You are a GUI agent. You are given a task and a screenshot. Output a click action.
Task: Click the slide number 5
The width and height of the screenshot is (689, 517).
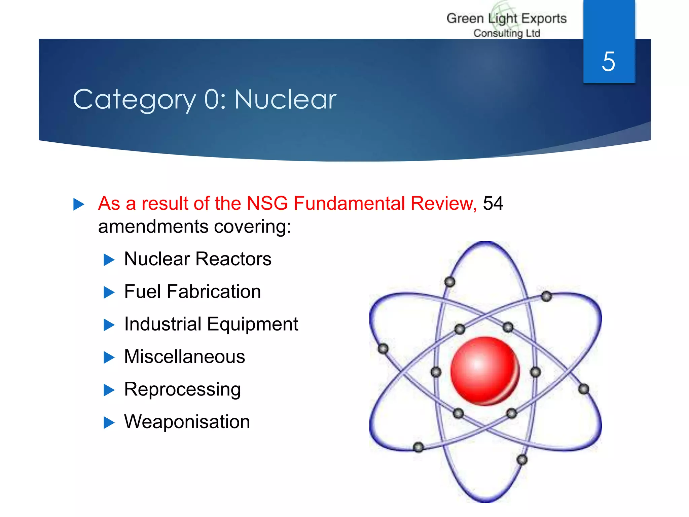[x=608, y=62]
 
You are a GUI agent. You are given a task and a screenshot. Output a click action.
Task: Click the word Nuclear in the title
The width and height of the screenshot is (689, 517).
[x=285, y=100]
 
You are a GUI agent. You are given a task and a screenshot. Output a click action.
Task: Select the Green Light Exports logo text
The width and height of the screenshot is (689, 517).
[x=506, y=19]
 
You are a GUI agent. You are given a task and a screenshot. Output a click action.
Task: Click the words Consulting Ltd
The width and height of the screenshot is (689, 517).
[x=507, y=33]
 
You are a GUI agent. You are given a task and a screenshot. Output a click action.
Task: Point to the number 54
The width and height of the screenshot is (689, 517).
[x=493, y=203]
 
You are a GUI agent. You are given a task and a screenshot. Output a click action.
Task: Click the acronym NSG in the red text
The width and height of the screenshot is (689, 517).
[x=267, y=203]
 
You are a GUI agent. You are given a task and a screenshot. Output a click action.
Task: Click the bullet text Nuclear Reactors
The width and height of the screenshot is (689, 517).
[x=197, y=259]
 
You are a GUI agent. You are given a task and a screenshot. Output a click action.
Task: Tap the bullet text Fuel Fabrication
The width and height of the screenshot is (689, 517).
[x=192, y=291]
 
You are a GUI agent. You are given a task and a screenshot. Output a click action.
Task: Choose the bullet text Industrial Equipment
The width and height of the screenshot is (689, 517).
[x=211, y=324]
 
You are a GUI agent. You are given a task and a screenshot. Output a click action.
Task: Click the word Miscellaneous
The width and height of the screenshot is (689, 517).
[x=184, y=356]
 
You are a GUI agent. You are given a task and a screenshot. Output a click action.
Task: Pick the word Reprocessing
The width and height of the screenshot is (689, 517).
[x=182, y=389]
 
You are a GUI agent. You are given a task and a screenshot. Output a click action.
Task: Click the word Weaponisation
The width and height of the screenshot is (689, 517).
[x=187, y=421]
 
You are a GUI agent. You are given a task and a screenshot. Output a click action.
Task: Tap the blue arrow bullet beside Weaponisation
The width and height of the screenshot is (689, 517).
[x=109, y=422]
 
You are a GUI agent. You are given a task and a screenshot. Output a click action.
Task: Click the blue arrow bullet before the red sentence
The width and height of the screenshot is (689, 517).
[x=78, y=204]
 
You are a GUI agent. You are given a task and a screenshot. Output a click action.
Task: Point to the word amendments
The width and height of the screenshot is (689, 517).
[x=153, y=227]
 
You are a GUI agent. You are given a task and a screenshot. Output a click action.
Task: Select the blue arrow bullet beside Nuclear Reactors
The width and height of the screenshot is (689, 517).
[x=109, y=260]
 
